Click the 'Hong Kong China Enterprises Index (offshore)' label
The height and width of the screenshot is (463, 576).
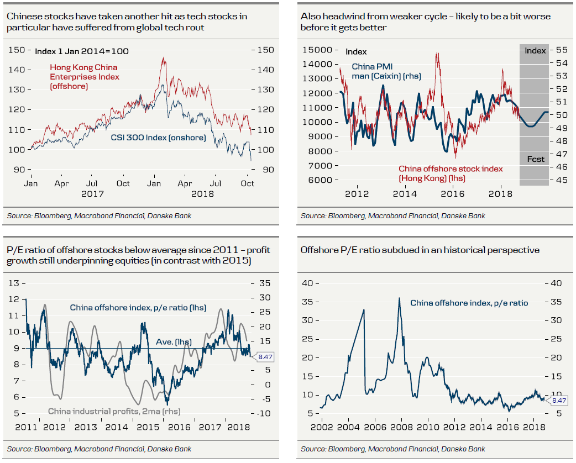tap(85, 77)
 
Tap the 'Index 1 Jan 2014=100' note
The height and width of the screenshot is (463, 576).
tap(82, 51)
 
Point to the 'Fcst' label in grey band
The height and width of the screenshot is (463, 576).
tap(535, 159)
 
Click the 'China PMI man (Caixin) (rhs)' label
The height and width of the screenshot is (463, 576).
tap(386, 71)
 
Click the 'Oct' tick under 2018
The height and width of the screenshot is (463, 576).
tap(247, 183)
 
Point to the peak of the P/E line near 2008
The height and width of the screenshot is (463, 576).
tap(400, 298)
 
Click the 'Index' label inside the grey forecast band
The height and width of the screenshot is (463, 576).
tap(535, 51)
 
